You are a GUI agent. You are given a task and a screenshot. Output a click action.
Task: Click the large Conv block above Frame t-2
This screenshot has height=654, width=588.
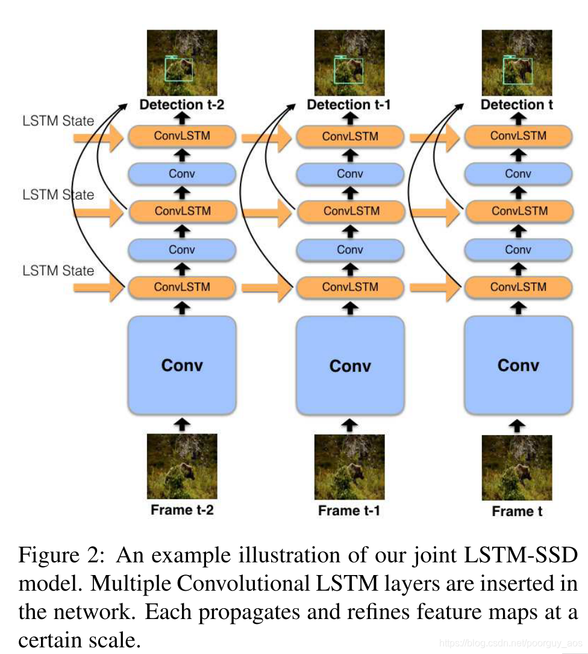pos(182,365)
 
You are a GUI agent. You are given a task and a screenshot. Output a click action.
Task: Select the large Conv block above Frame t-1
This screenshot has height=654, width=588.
pos(350,365)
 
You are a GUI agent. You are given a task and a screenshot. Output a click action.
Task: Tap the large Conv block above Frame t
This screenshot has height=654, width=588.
pos(518,365)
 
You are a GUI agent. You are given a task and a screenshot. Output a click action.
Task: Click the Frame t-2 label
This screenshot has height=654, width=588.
pos(182,510)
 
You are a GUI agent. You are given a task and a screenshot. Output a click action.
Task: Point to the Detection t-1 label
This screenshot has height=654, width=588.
pos(349,105)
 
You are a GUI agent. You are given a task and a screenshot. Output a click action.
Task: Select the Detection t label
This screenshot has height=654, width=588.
pos(517,105)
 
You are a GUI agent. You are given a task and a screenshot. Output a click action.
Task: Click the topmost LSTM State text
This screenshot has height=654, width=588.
pos(58,121)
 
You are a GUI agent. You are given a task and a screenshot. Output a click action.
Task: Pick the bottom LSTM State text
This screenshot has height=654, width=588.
pos(58,271)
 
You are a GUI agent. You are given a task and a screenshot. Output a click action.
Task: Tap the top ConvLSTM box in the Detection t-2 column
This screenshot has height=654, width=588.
pos(182,136)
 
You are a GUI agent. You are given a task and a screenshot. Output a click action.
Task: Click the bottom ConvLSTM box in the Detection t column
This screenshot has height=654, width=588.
pos(518,287)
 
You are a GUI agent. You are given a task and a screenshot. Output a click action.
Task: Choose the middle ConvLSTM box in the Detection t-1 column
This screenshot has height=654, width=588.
pos(350,211)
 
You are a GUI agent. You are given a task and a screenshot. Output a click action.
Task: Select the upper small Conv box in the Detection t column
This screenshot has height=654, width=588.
pos(518,174)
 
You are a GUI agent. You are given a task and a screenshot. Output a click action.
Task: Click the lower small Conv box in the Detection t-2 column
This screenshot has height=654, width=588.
pos(182,250)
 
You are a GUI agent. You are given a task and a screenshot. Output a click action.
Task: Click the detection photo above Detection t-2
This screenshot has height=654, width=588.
pos(182,63)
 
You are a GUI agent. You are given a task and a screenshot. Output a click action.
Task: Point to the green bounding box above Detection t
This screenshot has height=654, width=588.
pos(518,71)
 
